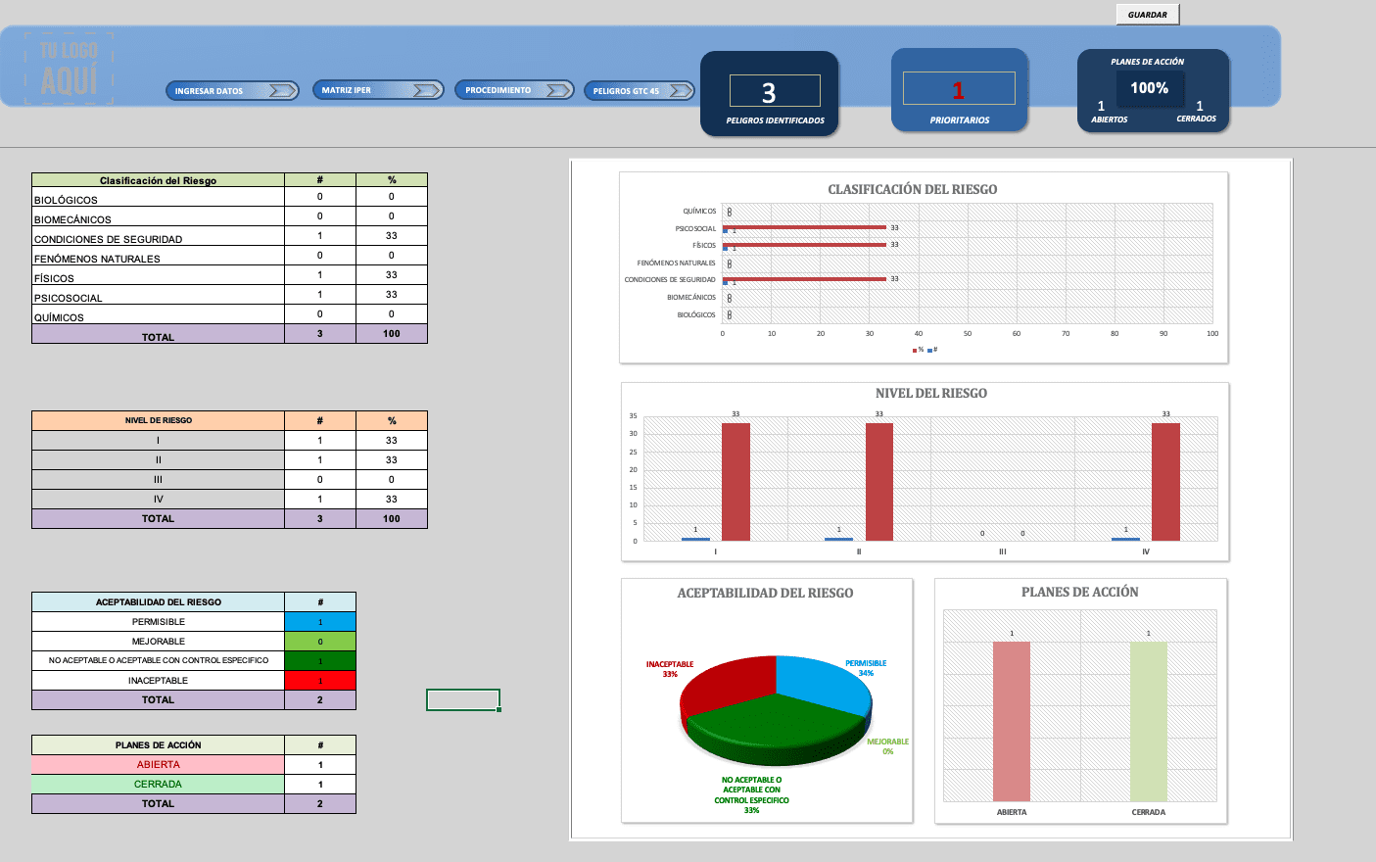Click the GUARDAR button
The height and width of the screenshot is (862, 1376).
(x=1148, y=15)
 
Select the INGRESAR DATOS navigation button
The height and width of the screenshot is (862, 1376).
(x=232, y=91)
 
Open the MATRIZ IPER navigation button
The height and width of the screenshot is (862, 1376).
(x=378, y=90)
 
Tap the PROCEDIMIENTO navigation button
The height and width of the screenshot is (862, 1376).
(x=513, y=90)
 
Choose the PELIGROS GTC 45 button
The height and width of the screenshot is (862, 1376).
(x=640, y=91)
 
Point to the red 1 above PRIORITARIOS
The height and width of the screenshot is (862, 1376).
(x=959, y=90)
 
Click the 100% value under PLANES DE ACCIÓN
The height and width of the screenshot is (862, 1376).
(x=1149, y=88)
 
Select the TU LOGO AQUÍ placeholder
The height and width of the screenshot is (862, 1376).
(x=70, y=69)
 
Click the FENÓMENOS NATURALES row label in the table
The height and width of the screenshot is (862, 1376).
(x=98, y=259)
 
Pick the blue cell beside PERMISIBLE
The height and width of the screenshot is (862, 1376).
(x=320, y=622)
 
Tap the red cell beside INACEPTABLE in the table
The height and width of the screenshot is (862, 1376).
(x=320, y=681)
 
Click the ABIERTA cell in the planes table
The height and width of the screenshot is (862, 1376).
(x=159, y=765)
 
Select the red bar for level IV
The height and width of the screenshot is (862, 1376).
(x=1165, y=482)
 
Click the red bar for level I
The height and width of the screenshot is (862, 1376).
(x=735, y=482)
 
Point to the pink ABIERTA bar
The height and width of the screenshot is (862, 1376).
(x=1012, y=722)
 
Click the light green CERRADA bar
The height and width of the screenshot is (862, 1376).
(x=1149, y=722)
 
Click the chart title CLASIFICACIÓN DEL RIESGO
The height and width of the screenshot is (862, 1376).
(x=913, y=189)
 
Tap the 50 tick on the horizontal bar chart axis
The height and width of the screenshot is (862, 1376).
(x=968, y=334)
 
